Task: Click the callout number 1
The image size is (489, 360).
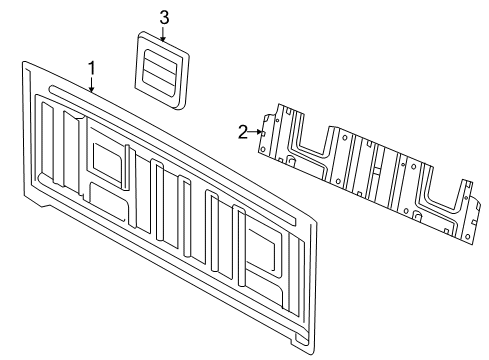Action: [91, 68]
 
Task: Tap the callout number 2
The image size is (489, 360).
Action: [242, 130]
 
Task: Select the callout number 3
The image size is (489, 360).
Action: [163, 16]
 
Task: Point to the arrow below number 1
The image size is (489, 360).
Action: [91, 86]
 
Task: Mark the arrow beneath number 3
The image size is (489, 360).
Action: [163, 35]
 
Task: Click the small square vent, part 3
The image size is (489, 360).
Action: [160, 70]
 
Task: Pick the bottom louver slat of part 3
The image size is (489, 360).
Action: [161, 84]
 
